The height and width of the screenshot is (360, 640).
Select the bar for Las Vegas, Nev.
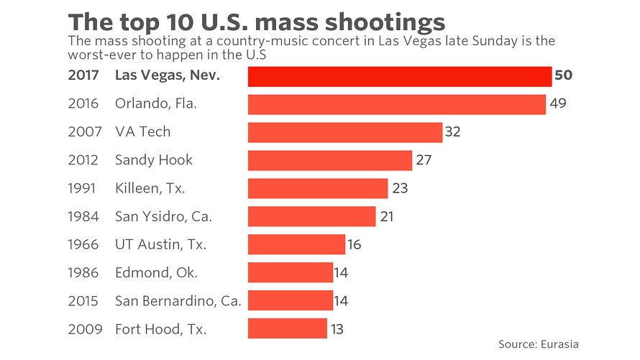click(399, 76)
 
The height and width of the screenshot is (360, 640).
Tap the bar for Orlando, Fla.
click(396, 104)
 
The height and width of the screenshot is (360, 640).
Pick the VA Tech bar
click(344, 132)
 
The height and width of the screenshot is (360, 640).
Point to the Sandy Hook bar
click(329, 160)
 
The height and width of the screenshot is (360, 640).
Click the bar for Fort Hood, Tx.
click(287, 329)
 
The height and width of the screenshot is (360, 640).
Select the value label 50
click(563, 75)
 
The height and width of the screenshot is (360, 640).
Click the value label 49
click(558, 103)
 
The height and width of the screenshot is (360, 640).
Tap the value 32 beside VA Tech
click(452, 132)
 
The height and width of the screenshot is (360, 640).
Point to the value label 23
click(400, 188)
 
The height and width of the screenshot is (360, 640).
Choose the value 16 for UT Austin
click(354, 245)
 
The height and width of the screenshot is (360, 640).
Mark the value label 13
click(336, 330)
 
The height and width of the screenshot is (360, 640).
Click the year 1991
click(83, 189)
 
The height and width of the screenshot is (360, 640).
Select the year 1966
click(83, 245)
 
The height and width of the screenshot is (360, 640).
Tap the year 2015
click(83, 302)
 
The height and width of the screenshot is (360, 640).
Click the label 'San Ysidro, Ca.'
click(163, 217)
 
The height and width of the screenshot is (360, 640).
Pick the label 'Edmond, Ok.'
click(156, 273)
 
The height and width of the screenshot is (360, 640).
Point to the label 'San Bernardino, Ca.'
click(178, 302)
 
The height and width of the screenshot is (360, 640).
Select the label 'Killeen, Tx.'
click(150, 189)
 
